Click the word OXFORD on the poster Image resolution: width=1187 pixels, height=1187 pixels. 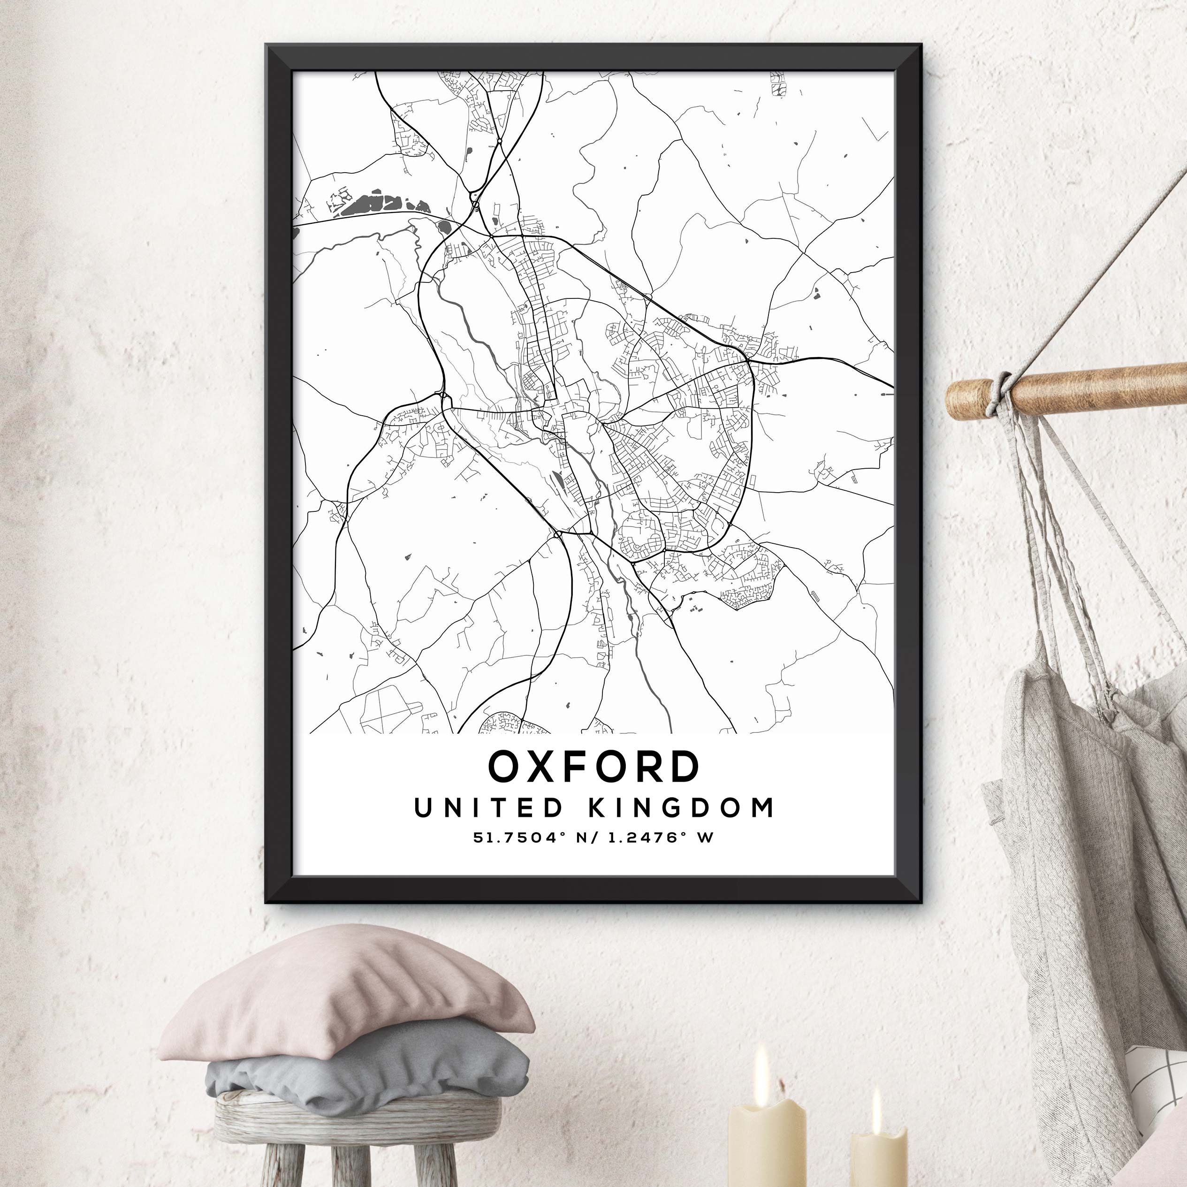pos(593,767)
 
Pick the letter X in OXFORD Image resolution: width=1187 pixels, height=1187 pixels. pos(546,767)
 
